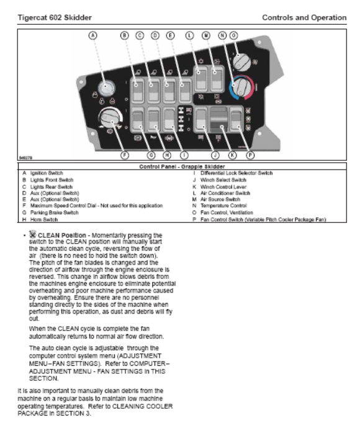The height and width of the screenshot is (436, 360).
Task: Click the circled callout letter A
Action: pos(92,35)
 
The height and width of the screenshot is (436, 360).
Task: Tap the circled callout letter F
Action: pos(125,155)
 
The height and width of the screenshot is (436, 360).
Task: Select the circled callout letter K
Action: pos(232,155)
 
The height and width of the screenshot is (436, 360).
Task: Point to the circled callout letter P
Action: pos(250,155)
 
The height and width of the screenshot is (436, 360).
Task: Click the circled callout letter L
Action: pos(189,35)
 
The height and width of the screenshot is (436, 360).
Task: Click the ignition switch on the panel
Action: pos(106,87)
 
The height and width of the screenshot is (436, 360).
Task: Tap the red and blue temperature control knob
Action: pos(241,87)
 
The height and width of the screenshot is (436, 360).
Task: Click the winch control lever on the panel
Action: pos(219,120)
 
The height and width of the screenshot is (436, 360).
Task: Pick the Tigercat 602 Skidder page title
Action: pos(55,17)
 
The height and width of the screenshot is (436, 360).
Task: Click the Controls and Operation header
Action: pos(304,17)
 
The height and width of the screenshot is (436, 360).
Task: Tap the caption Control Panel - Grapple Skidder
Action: pos(182,166)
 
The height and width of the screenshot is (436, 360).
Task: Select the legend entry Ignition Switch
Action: pos(47,173)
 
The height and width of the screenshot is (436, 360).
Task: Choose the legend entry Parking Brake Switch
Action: pos(54,212)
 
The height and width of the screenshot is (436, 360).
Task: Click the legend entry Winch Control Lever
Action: pos(223,187)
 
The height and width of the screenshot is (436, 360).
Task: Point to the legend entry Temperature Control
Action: pos(223,206)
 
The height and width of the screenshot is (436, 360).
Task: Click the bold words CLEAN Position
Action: pos(61,235)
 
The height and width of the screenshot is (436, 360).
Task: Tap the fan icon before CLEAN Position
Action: pos(32,234)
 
